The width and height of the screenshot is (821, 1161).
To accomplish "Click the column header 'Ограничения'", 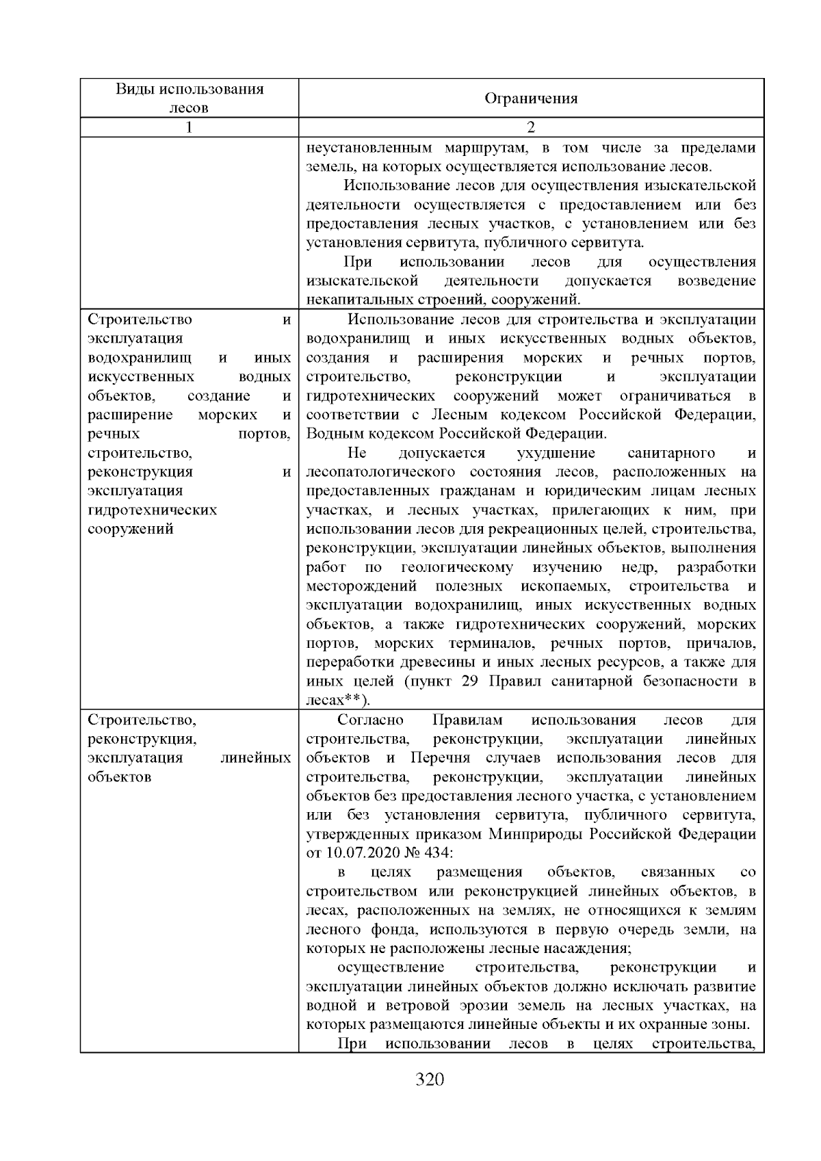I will point(531,99).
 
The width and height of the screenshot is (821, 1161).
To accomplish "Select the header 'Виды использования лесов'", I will point(190,98).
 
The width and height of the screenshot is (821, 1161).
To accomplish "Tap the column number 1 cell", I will point(190,127).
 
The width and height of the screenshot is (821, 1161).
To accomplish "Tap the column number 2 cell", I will point(531,127).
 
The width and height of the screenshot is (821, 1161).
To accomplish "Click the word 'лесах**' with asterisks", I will point(335,700).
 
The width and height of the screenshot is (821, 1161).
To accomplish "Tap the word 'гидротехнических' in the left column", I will point(153,510).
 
